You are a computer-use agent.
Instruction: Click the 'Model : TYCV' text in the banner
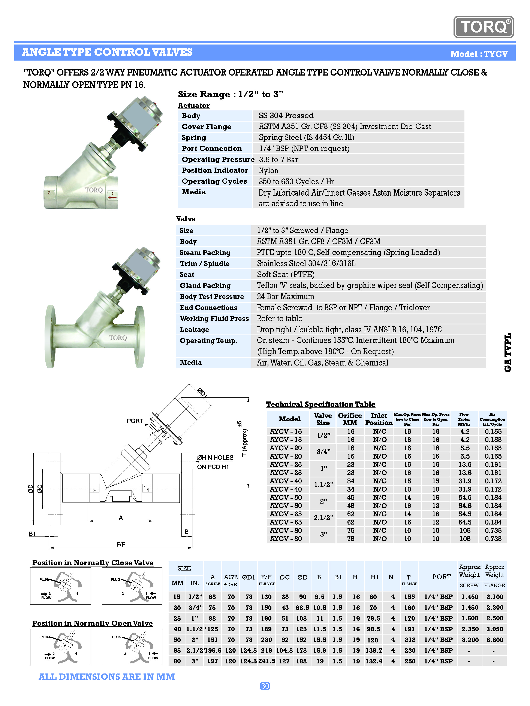tap(479, 54)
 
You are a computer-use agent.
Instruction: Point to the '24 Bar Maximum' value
tap(285, 297)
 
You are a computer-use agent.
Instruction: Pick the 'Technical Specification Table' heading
tap(321, 404)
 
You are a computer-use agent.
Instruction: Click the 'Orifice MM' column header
tap(350, 419)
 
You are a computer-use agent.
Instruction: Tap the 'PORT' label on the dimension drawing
tap(135, 421)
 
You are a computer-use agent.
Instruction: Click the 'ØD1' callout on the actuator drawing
tap(202, 392)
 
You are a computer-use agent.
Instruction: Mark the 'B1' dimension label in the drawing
tap(32, 534)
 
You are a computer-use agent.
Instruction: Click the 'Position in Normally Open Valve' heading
tap(92, 623)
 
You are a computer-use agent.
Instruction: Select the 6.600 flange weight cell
tap(494, 640)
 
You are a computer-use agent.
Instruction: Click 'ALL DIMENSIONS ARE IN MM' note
tap(107, 677)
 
